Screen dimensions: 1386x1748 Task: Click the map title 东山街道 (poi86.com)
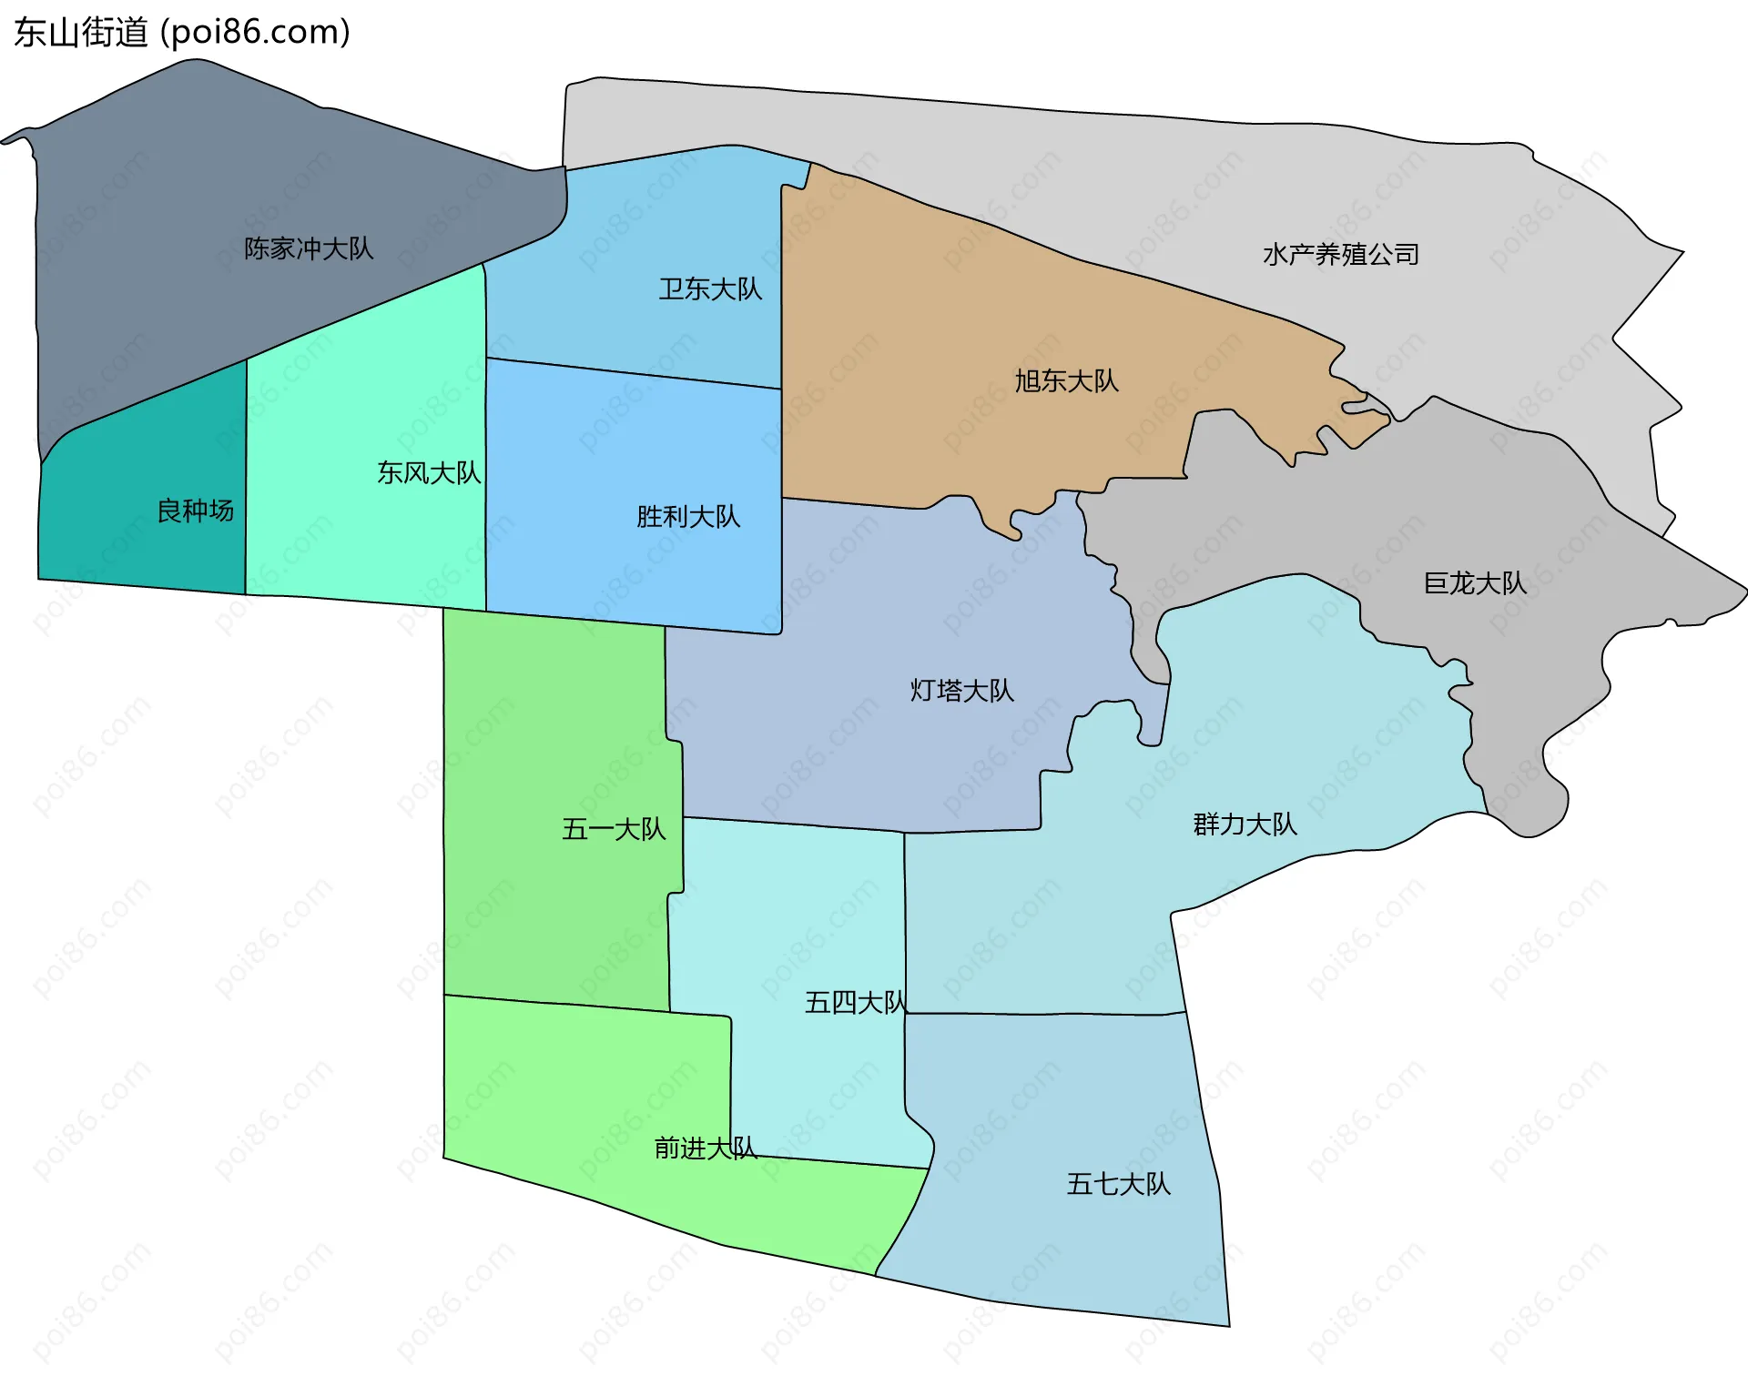(182, 33)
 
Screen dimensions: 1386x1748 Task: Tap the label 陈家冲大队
(309, 248)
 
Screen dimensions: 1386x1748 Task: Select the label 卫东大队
(710, 289)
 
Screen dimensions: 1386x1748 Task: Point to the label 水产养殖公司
(1341, 255)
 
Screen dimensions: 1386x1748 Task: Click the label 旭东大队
(1066, 380)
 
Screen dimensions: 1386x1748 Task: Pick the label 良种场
(195, 511)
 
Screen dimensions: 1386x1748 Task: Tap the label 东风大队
(429, 473)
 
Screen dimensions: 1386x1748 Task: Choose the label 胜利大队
(688, 517)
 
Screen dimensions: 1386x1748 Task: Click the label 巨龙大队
(1475, 583)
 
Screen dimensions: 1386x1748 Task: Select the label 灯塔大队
(961, 691)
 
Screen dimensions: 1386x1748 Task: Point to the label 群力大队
(1245, 825)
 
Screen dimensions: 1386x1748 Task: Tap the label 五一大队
(614, 830)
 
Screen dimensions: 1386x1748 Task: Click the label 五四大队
(856, 1003)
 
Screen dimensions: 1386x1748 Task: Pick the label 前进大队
(706, 1148)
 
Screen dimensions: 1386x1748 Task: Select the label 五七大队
(1118, 1184)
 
